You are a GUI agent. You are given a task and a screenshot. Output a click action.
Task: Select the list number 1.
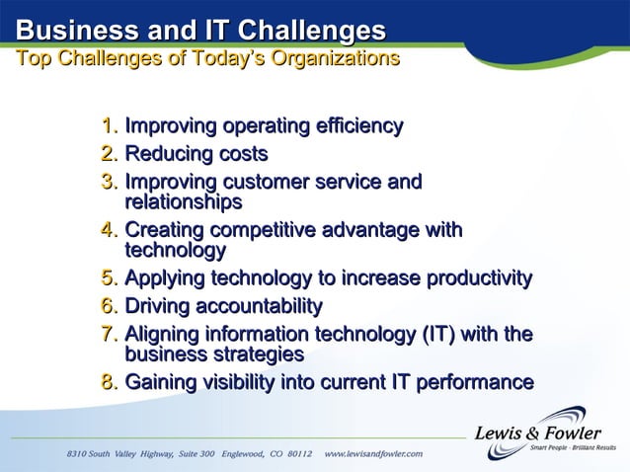(x=109, y=126)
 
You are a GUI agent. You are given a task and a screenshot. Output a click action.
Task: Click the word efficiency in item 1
(x=354, y=126)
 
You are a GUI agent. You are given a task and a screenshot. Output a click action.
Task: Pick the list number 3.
(x=109, y=183)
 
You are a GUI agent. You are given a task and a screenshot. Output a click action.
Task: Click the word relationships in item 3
(x=183, y=202)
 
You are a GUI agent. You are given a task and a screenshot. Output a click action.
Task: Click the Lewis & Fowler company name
(x=538, y=432)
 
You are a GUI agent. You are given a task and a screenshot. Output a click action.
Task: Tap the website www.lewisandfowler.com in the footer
(x=373, y=453)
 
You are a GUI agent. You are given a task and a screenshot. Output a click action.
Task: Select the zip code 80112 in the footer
(x=297, y=453)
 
